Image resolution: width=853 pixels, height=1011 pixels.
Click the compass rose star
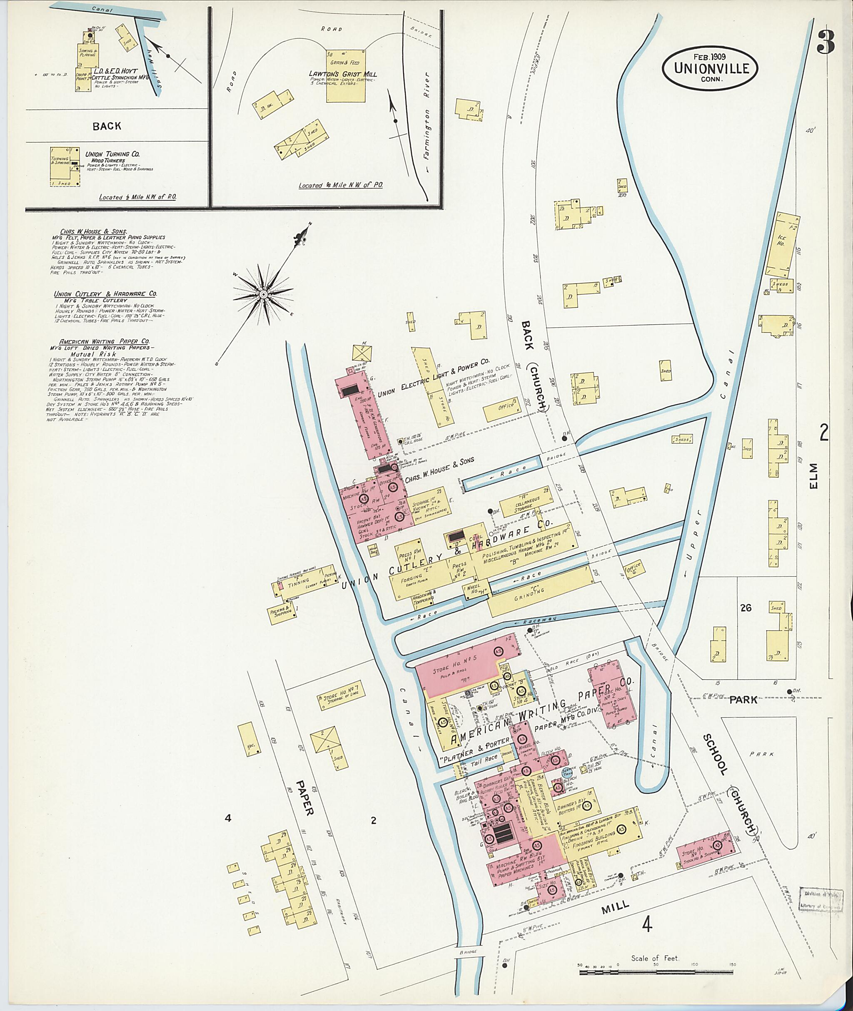[263, 294]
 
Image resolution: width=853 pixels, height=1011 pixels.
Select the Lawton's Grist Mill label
[343, 74]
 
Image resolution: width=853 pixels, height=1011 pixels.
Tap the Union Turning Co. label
[112, 154]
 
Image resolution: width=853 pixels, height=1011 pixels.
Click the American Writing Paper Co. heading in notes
[104, 341]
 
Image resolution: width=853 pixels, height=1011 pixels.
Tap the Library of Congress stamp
[820, 899]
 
